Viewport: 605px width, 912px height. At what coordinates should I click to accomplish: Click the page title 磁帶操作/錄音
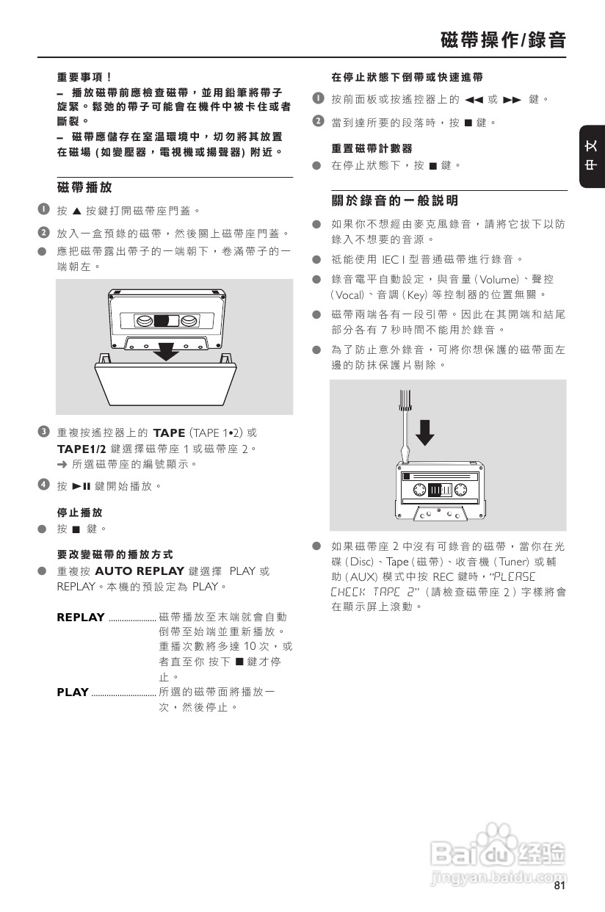point(503,40)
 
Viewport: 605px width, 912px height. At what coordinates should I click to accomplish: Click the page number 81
point(559,886)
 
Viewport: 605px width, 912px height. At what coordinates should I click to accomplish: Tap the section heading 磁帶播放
point(84,187)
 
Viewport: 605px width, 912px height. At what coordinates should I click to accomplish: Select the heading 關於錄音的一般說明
point(394,200)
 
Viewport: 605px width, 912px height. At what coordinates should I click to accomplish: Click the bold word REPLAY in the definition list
point(81,617)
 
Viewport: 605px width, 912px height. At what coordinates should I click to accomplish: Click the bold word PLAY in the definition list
point(73,692)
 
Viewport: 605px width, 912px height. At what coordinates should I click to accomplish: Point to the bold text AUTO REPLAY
point(140,571)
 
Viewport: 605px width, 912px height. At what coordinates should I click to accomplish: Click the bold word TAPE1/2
point(81,449)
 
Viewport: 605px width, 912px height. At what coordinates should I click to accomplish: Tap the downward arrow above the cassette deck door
point(169,350)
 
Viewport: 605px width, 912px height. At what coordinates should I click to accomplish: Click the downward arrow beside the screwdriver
point(424,431)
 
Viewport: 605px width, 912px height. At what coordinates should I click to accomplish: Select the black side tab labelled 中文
point(591,156)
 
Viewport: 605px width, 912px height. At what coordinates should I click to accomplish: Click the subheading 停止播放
point(79,513)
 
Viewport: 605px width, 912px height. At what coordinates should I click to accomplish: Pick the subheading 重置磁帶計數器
point(372,148)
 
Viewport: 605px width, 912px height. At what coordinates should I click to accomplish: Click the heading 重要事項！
point(84,76)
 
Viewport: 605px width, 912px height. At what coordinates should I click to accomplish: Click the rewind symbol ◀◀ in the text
point(474,100)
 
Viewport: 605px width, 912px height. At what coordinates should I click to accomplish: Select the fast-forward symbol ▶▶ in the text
point(511,100)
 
